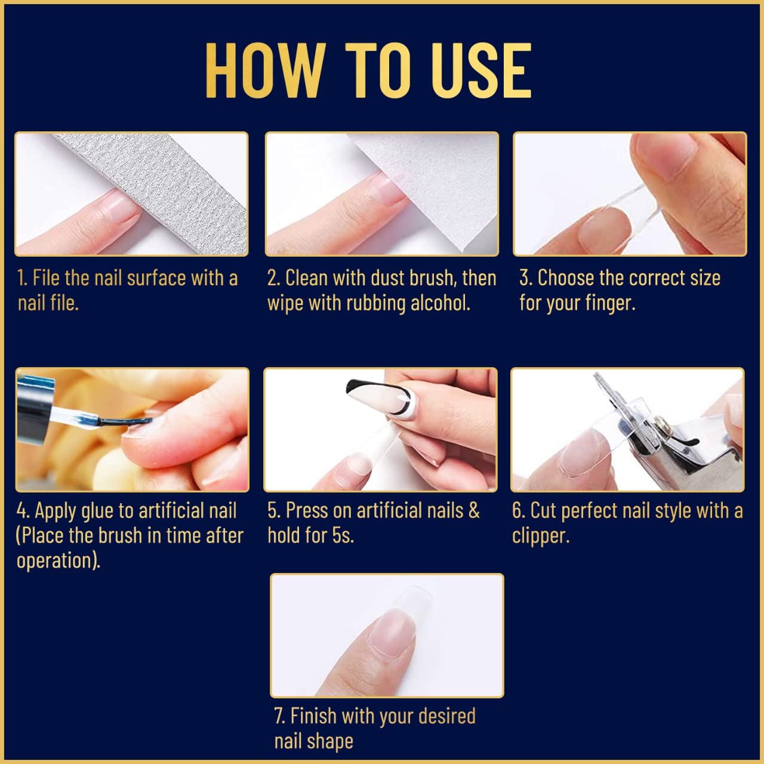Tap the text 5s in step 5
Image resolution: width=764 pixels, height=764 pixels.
point(343,535)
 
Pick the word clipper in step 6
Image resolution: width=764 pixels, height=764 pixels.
point(540,536)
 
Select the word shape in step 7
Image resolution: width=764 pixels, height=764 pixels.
point(330,741)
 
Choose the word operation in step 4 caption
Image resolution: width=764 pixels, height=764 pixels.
point(57,561)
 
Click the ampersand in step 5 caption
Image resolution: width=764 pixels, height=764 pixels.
point(474,511)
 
